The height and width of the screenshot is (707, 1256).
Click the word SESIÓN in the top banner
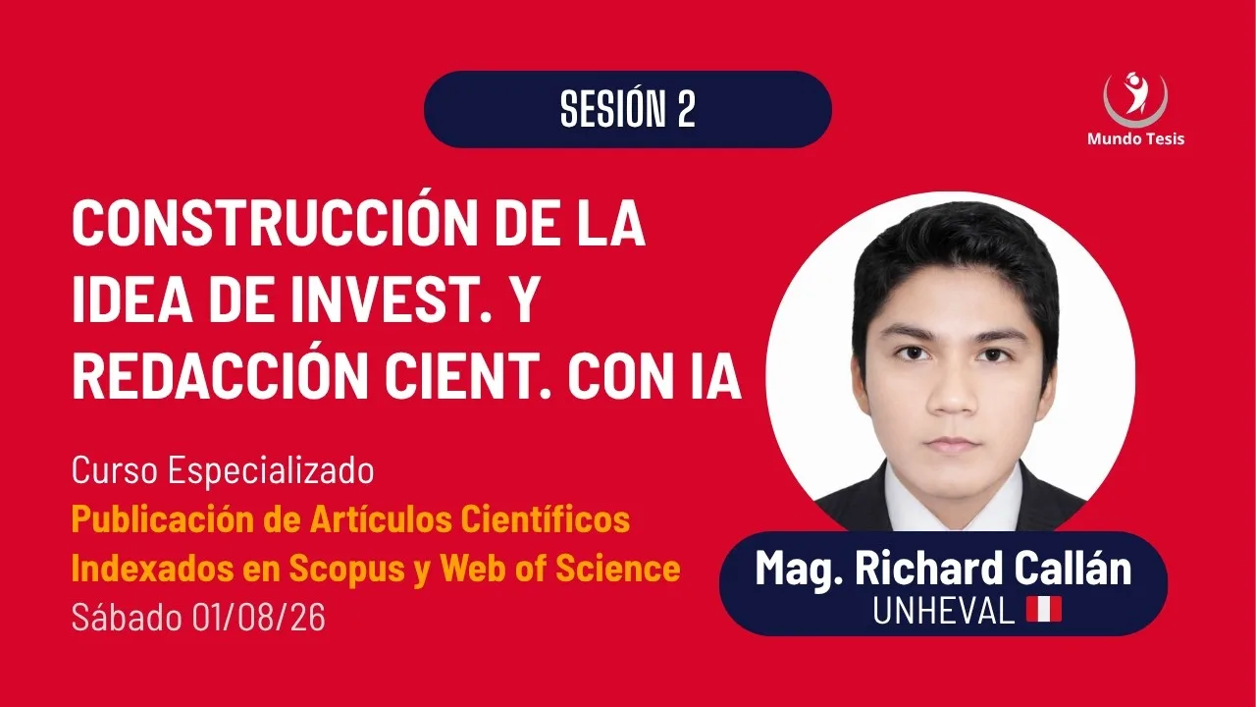(612, 108)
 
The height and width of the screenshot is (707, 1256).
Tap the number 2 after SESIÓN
(686, 109)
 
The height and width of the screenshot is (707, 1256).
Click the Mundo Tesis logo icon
(1135, 99)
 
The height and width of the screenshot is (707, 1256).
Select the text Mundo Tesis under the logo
(1135, 138)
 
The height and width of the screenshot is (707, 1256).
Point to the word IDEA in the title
(132, 300)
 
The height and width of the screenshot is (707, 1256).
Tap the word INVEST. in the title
(391, 300)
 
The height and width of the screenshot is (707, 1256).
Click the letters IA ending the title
(715, 377)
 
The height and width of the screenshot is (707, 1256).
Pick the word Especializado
(272, 470)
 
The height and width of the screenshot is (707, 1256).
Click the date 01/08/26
(258, 618)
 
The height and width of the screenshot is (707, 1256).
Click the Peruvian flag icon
(1044, 609)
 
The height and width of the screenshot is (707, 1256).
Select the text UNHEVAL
(944, 610)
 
